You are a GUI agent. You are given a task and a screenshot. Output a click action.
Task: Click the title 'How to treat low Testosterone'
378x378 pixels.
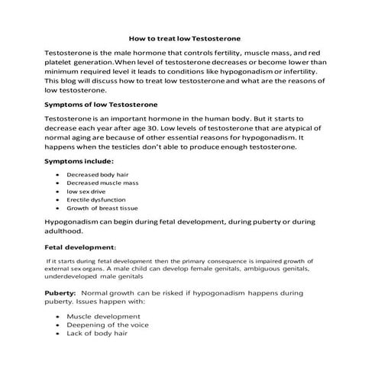click(188, 36)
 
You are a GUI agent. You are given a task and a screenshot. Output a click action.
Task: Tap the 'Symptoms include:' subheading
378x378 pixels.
click(79, 161)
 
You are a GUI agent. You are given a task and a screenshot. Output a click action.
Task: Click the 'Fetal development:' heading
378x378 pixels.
click(81, 247)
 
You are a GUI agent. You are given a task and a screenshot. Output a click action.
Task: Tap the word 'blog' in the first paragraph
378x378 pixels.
click(73, 80)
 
